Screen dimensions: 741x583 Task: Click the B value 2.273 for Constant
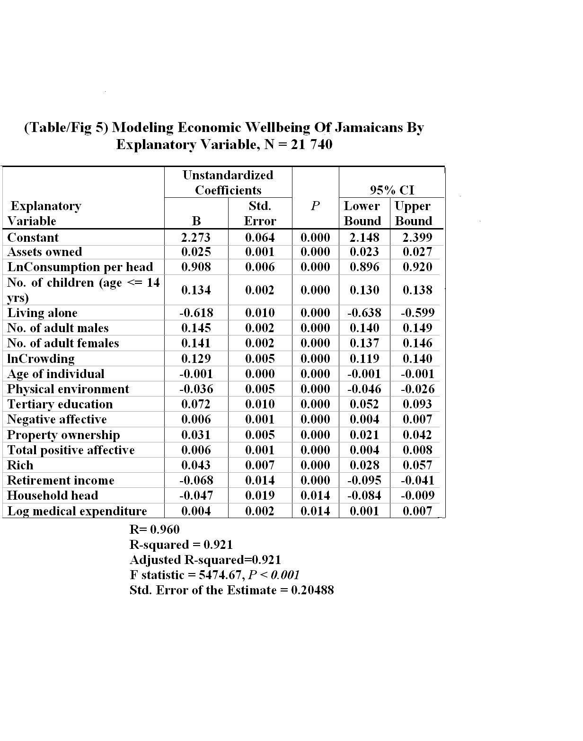point(196,238)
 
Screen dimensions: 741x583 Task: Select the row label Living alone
point(42,313)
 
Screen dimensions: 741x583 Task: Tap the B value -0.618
point(196,313)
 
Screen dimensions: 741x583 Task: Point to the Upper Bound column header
point(413,213)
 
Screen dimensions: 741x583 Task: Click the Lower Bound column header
point(362,213)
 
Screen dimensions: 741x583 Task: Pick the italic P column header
point(315,206)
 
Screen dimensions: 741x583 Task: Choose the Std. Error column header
point(260,213)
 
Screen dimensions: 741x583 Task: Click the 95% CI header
point(392,190)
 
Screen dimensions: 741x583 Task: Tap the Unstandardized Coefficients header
point(228,183)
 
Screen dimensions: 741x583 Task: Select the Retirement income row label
point(61,481)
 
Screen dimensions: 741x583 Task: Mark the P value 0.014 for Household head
point(315,496)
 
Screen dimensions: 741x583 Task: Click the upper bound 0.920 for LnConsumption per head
point(417,267)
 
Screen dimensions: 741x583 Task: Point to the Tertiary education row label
point(60,405)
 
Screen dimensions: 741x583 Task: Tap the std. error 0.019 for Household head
point(260,496)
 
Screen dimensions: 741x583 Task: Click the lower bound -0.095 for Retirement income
point(364,481)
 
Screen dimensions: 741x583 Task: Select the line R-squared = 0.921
point(181,545)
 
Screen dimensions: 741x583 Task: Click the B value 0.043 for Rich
point(196,466)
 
